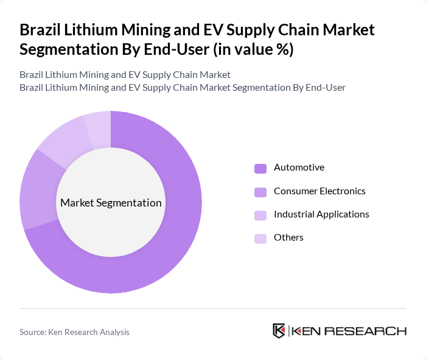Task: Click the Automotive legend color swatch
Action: coord(260,168)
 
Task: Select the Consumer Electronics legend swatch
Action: coord(260,192)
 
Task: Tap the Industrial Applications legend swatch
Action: coord(260,215)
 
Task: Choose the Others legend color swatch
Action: coord(260,238)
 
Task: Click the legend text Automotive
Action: coord(299,168)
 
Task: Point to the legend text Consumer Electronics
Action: coord(319,191)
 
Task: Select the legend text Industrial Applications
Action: coord(321,214)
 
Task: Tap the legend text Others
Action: coord(288,238)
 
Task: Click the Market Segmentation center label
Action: coord(111,203)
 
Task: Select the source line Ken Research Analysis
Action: coord(74,332)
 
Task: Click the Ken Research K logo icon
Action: coord(279,331)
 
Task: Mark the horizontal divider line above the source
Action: coord(213,308)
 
